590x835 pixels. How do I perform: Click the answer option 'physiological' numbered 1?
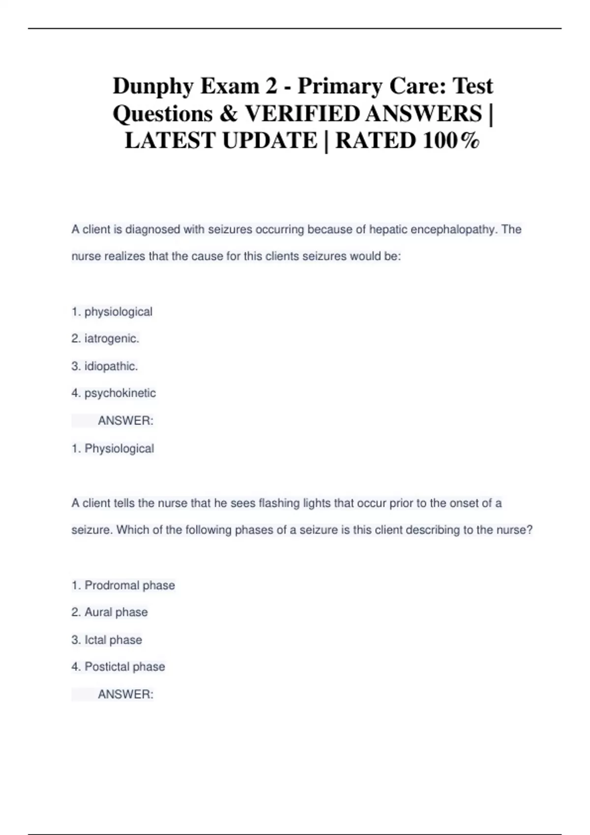tap(112, 311)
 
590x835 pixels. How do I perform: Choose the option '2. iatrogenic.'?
tap(105, 338)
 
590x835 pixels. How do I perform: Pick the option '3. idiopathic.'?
tap(105, 366)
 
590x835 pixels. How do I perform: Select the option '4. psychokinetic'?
tap(114, 393)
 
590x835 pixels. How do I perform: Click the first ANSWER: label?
tap(125, 420)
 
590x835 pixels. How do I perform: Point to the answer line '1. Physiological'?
tap(113, 448)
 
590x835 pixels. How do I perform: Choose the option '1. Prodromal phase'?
tap(123, 585)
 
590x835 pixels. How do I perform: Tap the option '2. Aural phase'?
tap(109, 612)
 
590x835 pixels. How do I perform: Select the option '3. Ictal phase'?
tap(107, 640)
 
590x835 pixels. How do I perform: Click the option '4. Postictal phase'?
tap(118, 667)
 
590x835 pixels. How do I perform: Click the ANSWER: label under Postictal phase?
tap(125, 694)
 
